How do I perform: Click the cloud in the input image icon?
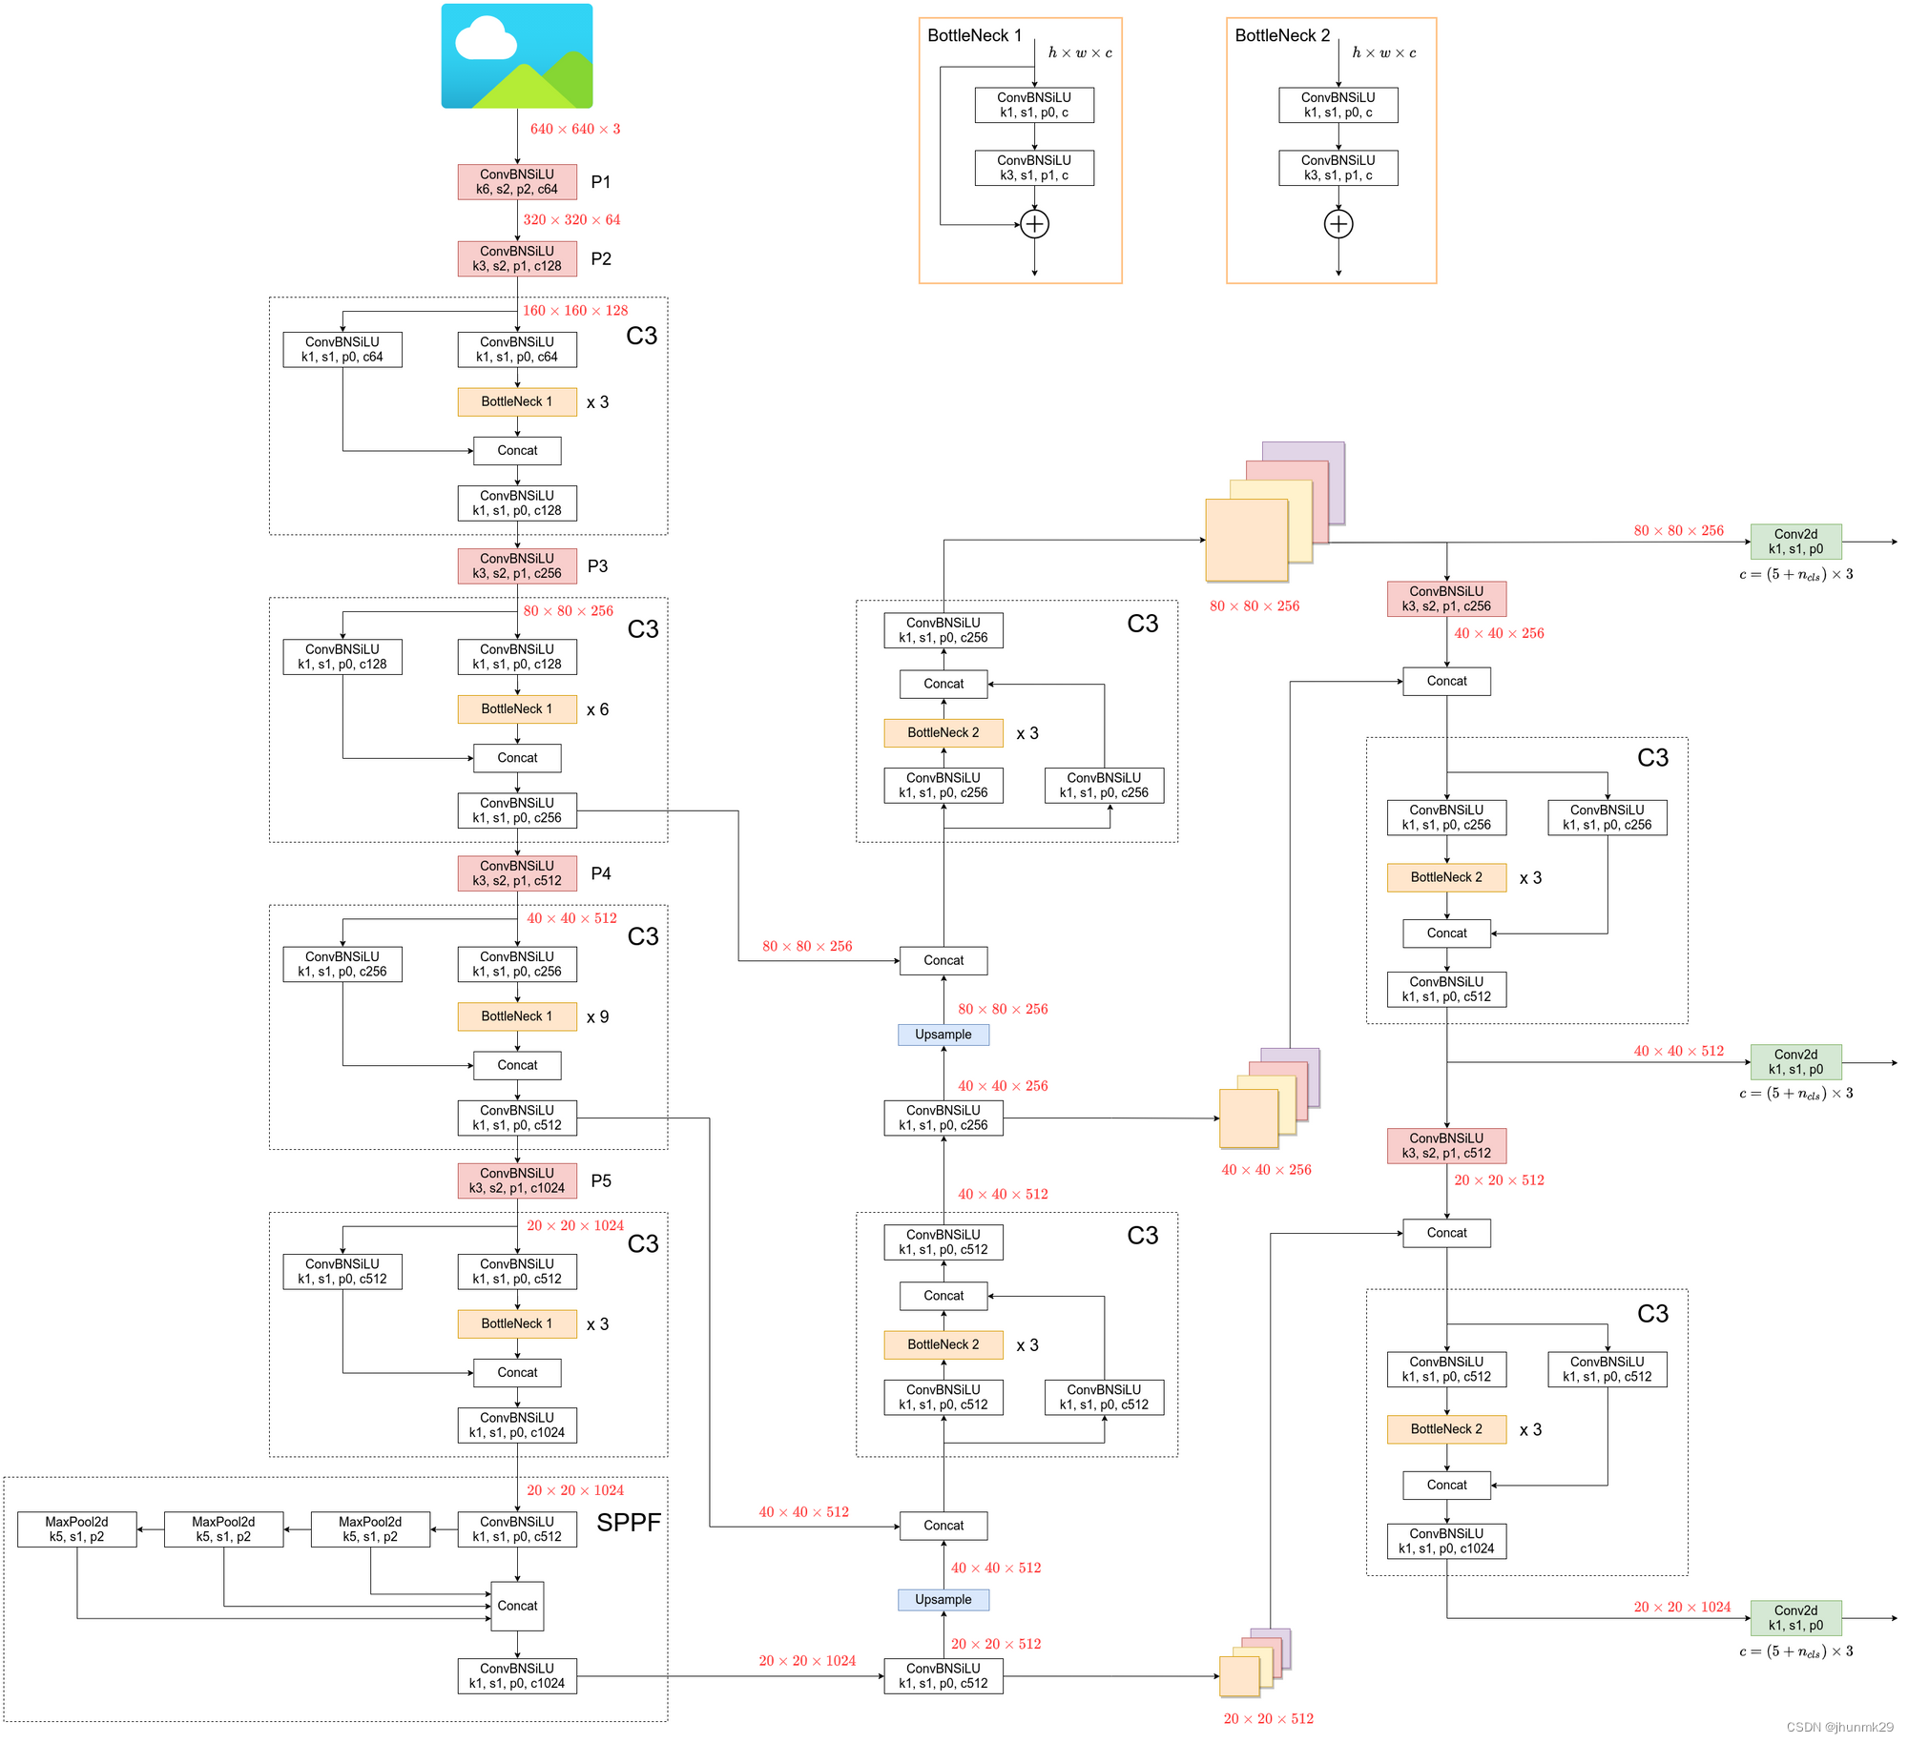coord(485,40)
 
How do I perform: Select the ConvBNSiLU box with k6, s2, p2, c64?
coord(517,182)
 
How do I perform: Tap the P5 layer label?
coord(601,1181)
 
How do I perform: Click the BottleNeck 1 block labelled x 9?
coord(517,1016)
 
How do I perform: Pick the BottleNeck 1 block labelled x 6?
coord(517,709)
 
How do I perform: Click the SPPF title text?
coord(629,1523)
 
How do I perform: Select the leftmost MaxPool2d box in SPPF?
coord(77,1529)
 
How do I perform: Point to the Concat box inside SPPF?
coord(517,1606)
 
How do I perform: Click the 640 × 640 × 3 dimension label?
coord(575,129)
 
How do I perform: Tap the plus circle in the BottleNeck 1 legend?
coord(1034,224)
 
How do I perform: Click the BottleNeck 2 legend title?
coord(1282,36)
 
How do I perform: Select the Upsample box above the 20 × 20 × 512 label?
coord(944,1600)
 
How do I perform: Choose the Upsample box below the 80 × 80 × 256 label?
coord(944,1035)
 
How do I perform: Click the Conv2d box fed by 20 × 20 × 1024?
coord(1795,1618)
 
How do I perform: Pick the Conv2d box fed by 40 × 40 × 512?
coord(1795,1062)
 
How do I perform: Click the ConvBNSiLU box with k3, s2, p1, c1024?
coord(517,1181)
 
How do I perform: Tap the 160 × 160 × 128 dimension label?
coord(575,311)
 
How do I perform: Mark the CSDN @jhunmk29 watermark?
coord(1839,1727)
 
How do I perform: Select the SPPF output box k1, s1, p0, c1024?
coord(517,1676)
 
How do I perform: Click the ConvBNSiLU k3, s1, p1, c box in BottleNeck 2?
coord(1338,168)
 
